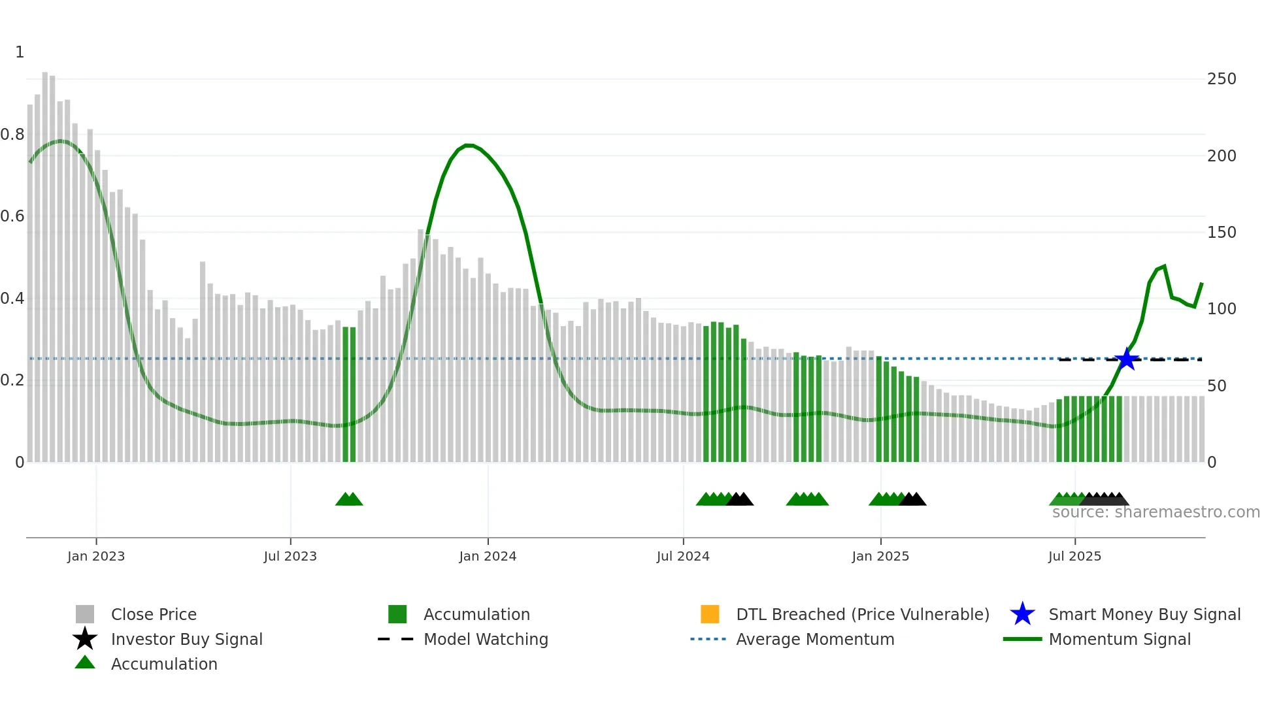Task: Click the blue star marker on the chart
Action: tap(1127, 359)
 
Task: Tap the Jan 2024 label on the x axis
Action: tap(488, 556)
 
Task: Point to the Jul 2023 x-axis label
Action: tap(290, 556)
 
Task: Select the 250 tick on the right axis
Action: tap(1222, 79)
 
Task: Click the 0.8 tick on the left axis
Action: tap(12, 135)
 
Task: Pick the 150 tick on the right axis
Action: tap(1222, 233)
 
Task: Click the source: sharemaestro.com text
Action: tap(1156, 512)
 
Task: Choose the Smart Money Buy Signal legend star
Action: tap(1022, 614)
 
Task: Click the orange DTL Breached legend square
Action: tap(710, 614)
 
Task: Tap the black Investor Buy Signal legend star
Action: tap(85, 639)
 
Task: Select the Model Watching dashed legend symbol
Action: tap(396, 639)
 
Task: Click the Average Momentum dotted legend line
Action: tap(708, 639)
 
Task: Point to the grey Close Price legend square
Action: tap(85, 614)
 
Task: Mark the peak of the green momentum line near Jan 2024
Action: tap(468, 145)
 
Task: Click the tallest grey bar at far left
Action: tap(45, 261)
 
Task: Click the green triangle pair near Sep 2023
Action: tap(349, 499)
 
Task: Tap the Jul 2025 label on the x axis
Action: tap(1074, 556)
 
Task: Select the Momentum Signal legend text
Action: tap(1120, 639)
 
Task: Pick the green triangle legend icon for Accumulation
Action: tap(85, 663)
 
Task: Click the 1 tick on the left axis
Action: tap(20, 52)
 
